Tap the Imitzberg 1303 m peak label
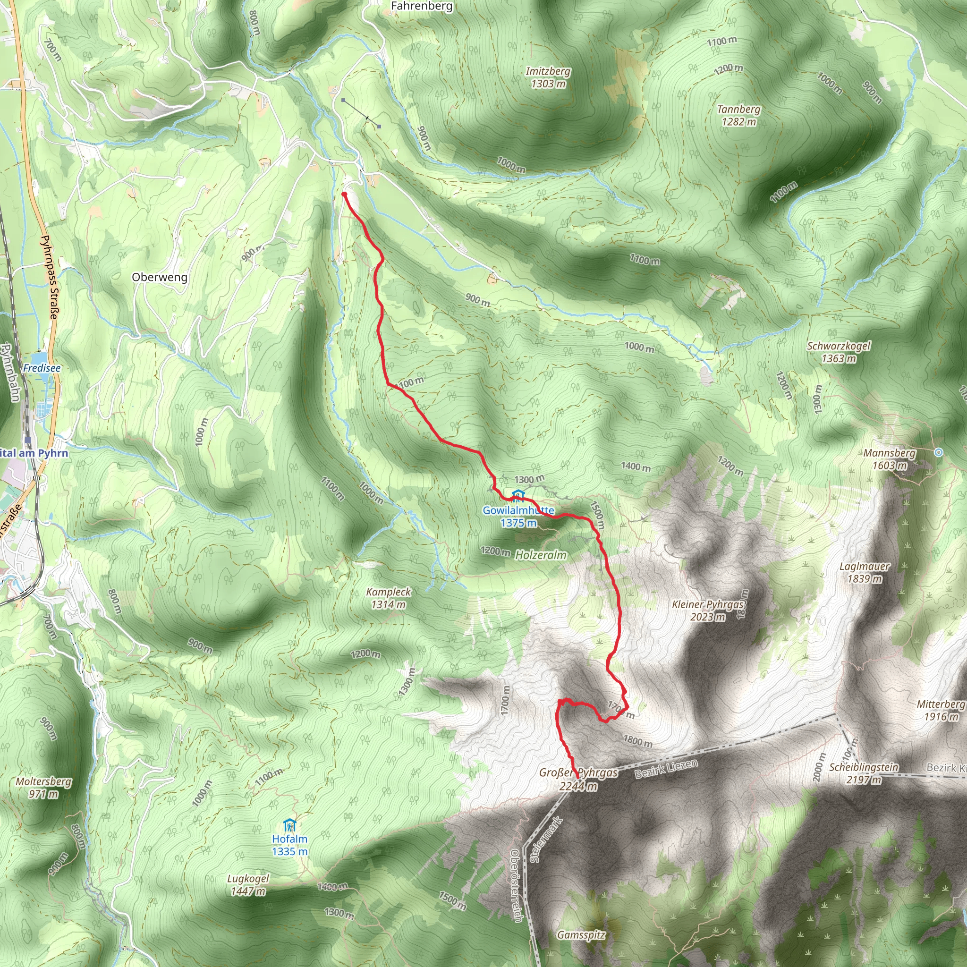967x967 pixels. click(x=548, y=77)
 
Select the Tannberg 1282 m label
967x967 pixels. click(x=738, y=115)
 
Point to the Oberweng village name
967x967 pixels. click(x=160, y=277)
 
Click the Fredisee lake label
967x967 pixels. click(x=42, y=368)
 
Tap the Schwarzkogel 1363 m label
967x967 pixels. click(x=839, y=352)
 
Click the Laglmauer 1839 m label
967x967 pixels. click(x=865, y=573)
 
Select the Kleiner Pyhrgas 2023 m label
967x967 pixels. click(x=708, y=611)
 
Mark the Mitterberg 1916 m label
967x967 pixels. click(x=941, y=710)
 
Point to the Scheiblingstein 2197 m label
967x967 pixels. click(x=864, y=773)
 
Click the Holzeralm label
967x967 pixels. click(x=541, y=555)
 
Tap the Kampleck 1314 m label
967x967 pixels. click(x=389, y=598)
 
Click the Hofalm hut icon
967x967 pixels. click(x=289, y=825)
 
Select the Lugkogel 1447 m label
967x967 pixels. click(x=248, y=885)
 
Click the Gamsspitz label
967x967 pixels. click(x=581, y=935)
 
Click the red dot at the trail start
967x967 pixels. click(x=344, y=194)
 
